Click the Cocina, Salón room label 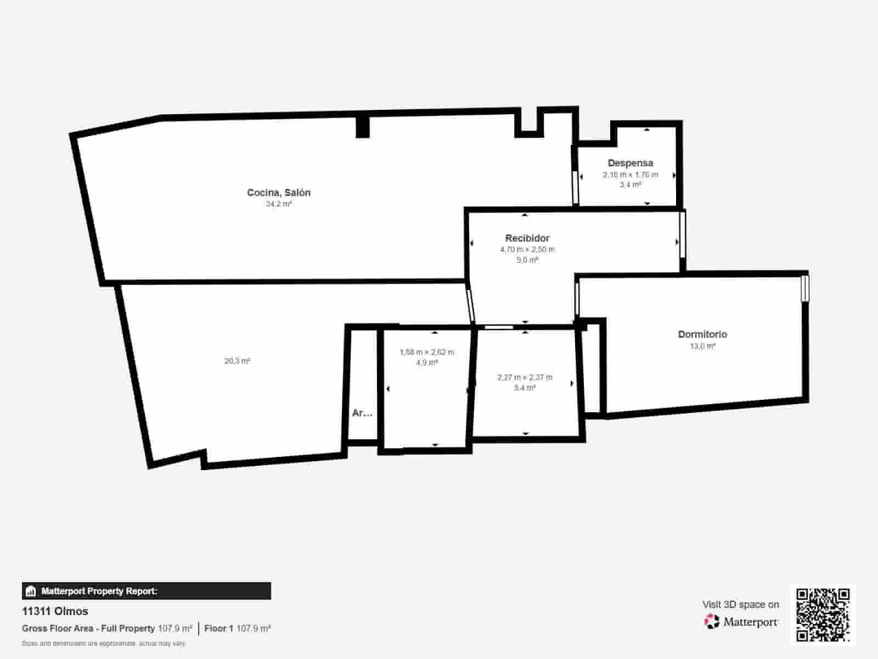[x=279, y=192]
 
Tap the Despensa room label [x=630, y=163]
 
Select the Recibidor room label [x=527, y=238]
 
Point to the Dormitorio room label [x=702, y=334]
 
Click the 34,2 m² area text [x=279, y=204]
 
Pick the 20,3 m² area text [x=237, y=361]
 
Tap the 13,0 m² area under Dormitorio [x=702, y=346]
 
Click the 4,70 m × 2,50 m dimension [x=527, y=249]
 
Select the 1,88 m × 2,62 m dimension [x=426, y=352]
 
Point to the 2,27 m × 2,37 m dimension [x=525, y=377]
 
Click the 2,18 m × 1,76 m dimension [x=630, y=175]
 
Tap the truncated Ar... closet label [x=362, y=413]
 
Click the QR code [x=823, y=615]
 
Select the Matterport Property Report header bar [x=146, y=591]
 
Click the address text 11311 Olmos [x=55, y=611]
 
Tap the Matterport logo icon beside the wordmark [x=712, y=622]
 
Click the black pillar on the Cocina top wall [x=363, y=126]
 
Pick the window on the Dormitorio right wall [x=805, y=288]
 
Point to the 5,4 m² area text [x=525, y=388]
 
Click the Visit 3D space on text [x=740, y=604]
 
